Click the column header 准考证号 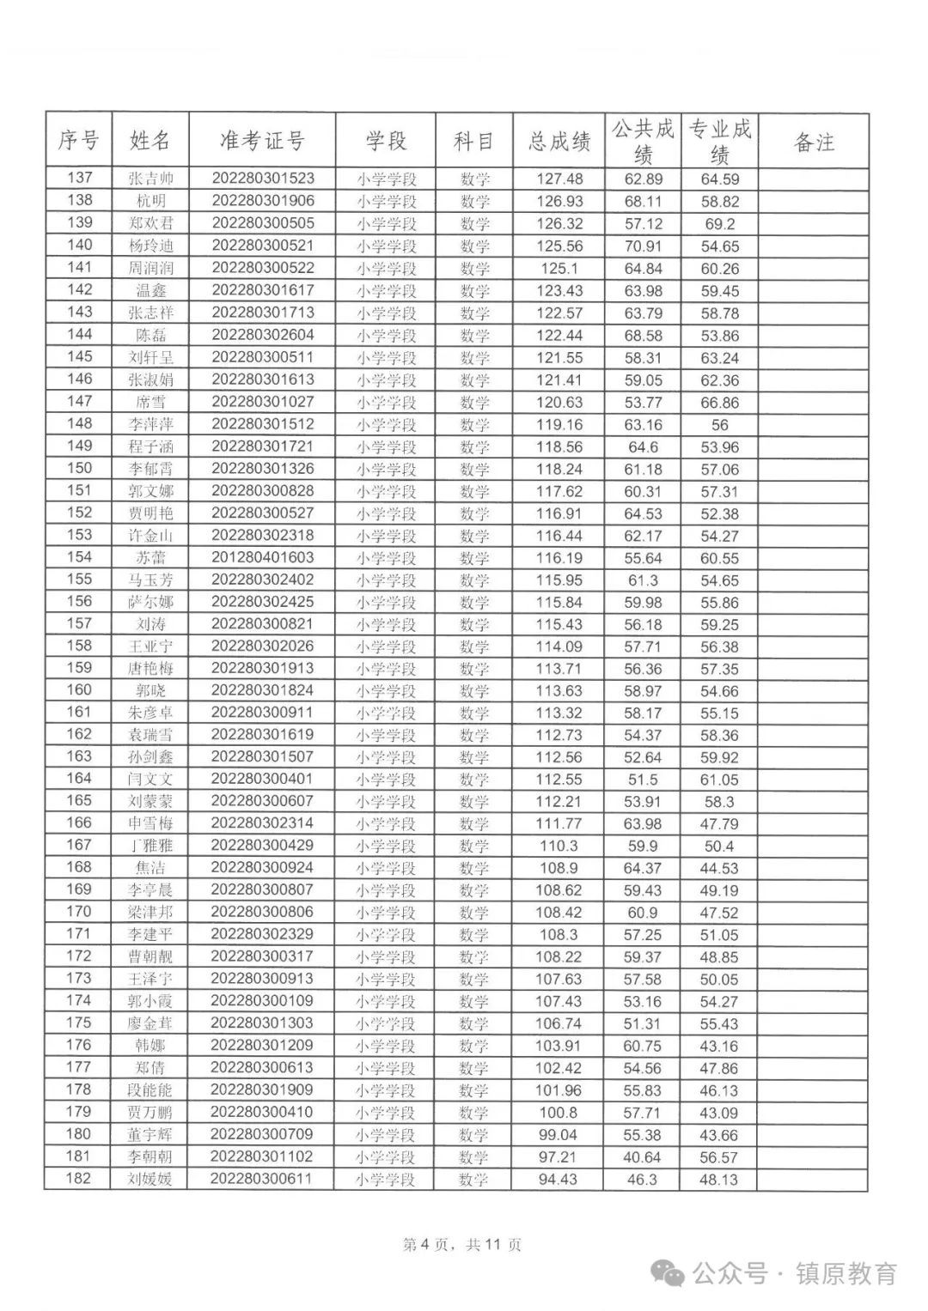click(262, 141)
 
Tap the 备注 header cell click(813, 142)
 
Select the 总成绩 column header click(559, 141)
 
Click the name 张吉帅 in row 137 click(150, 179)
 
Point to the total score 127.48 click(559, 179)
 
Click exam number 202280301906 click(262, 201)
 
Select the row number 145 click(79, 356)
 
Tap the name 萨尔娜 click(150, 602)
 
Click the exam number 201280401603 click(262, 558)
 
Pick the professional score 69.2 click(719, 223)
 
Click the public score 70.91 click(643, 246)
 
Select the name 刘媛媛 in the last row click(150, 1179)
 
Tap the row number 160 click(79, 690)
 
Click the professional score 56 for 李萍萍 click(719, 424)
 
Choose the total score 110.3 click(559, 846)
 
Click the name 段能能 click(150, 1090)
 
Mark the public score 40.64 click(642, 1157)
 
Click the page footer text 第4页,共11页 click(462, 1245)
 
